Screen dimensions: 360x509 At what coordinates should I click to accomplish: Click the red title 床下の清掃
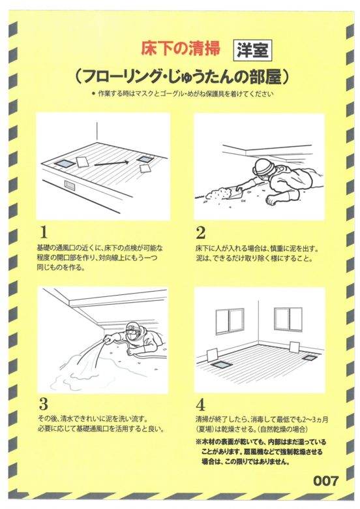click(180, 48)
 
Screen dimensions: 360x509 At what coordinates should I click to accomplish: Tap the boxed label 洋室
click(252, 50)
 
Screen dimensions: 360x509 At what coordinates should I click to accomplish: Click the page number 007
click(325, 481)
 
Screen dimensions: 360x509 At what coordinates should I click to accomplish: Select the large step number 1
click(43, 232)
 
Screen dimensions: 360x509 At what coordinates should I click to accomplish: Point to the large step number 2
click(201, 232)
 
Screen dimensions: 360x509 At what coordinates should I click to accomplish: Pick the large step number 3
click(44, 404)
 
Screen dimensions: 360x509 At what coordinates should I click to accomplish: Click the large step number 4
click(201, 405)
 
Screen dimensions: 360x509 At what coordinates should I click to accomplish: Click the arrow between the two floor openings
click(112, 163)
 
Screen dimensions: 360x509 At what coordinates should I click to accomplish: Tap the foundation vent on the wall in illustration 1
click(69, 185)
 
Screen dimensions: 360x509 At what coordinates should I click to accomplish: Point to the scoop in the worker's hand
click(237, 193)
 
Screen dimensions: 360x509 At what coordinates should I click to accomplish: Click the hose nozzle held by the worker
click(106, 340)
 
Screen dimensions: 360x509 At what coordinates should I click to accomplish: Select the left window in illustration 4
click(230, 321)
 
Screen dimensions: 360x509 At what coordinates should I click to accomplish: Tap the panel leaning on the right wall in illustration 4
click(295, 347)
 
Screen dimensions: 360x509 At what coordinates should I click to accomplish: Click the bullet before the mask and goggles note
click(93, 94)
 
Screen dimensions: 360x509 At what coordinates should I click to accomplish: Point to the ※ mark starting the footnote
click(198, 442)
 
